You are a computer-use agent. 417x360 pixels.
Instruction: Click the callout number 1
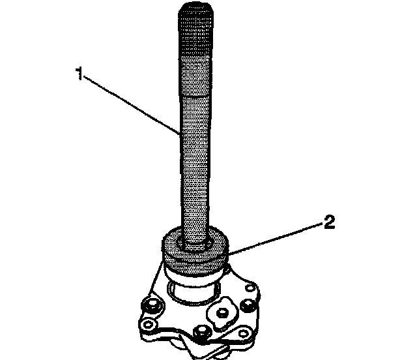tap(79, 74)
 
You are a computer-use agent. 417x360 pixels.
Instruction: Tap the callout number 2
tap(330, 224)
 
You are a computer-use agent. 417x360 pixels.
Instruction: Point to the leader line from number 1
tap(130, 105)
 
